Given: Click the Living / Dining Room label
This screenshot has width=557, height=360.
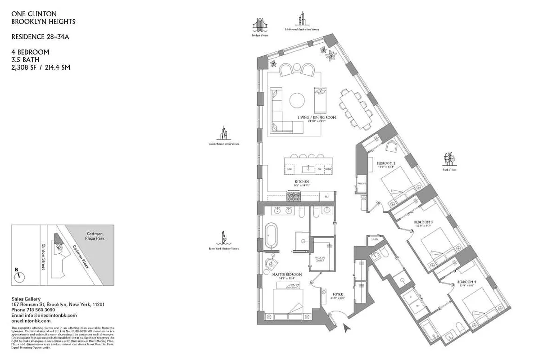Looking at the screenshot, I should click(317, 118).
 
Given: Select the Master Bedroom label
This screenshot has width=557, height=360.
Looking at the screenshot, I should click(287, 274).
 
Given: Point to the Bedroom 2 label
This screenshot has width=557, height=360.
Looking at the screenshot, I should click(386, 163).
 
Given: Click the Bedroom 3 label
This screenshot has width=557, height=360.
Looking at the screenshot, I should click(423, 223).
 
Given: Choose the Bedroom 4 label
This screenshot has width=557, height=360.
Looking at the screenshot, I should click(467, 282).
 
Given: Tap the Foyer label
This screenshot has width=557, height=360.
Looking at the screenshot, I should click(338, 295).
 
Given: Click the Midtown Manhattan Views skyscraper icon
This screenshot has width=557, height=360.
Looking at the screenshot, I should click(301, 19).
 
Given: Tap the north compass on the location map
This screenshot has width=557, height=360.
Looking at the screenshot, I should click(18, 276).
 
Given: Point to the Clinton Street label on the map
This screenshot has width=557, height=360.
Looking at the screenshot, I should click(43, 257).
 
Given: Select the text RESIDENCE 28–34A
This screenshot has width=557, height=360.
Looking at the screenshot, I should click(41, 37).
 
